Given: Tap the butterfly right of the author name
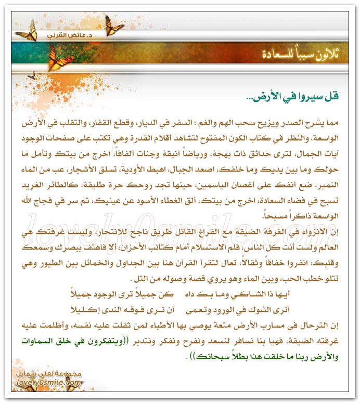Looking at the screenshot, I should coord(114,24).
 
